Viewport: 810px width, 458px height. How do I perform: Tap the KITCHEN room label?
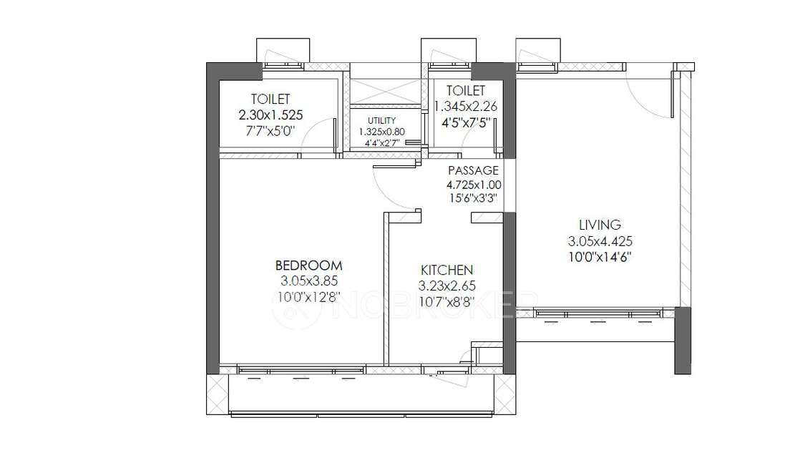[447, 270]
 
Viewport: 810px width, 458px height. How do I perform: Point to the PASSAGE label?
[472, 170]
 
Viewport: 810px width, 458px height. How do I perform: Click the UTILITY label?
[381, 120]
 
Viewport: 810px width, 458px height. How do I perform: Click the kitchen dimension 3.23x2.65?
[447, 286]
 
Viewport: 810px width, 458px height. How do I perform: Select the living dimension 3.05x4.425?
[600, 240]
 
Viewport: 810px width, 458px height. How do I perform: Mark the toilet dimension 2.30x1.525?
[270, 114]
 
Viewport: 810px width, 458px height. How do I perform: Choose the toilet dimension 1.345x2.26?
[465, 106]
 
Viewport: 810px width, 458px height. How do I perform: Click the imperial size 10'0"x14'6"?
[600, 256]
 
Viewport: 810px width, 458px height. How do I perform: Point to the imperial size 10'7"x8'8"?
[447, 301]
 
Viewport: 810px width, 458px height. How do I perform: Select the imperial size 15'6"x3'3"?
[472, 198]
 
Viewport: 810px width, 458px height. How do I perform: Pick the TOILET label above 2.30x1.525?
[270, 99]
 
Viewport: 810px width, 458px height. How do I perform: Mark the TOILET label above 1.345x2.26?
[465, 90]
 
